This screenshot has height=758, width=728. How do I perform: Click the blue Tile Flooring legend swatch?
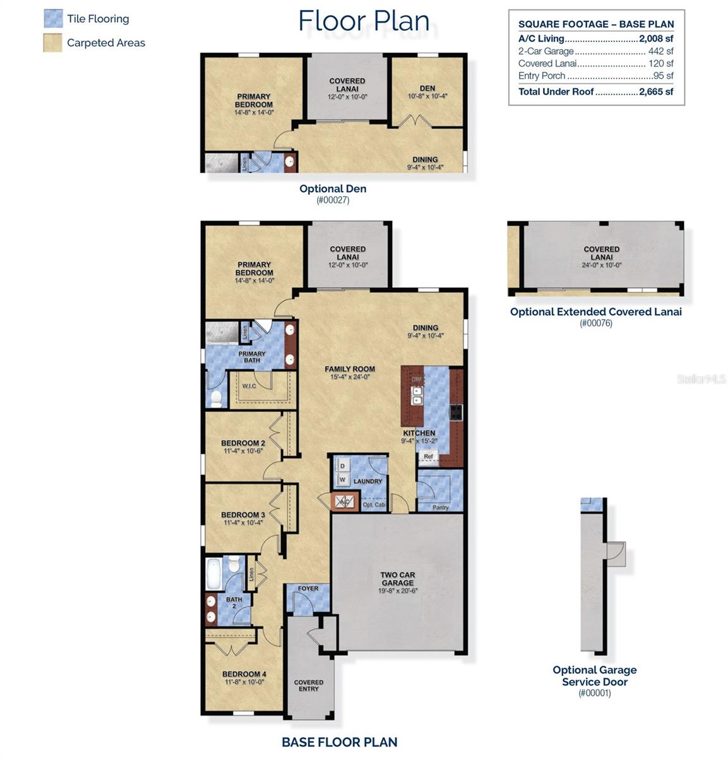pyautogui.click(x=53, y=18)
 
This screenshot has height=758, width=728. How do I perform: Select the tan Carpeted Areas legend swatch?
pyautogui.click(x=53, y=43)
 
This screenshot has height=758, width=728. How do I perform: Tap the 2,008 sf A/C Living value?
pyautogui.click(x=655, y=39)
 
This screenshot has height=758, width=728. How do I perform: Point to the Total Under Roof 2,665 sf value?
pyautogui.click(x=656, y=92)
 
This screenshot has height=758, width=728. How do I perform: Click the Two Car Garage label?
pyautogui.click(x=398, y=579)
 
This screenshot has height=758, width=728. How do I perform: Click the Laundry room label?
pyautogui.click(x=368, y=481)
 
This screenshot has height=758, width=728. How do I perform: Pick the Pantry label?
pyautogui.click(x=440, y=507)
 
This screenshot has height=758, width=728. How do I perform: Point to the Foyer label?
pyautogui.click(x=308, y=589)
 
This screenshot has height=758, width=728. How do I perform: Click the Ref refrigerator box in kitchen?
pyautogui.click(x=429, y=456)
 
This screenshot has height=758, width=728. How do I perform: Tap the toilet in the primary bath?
pyautogui.click(x=216, y=398)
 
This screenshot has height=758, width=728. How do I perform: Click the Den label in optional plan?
pyautogui.click(x=427, y=88)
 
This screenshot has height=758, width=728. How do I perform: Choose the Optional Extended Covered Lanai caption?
pyautogui.click(x=595, y=311)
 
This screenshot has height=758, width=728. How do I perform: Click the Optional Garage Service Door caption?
pyautogui.click(x=594, y=676)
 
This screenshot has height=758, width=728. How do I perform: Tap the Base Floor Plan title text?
pyautogui.click(x=339, y=742)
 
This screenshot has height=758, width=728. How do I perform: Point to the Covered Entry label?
pyautogui.click(x=309, y=685)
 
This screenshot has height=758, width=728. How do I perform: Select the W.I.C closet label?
pyautogui.click(x=249, y=385)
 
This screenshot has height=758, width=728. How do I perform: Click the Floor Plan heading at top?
pyautogui.click(x=364, y=20)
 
